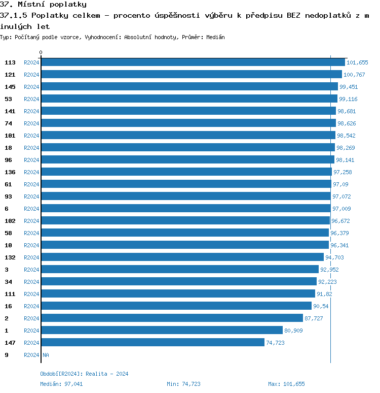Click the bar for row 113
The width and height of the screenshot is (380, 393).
[193, 62]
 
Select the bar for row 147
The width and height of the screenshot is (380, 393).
[153, 342]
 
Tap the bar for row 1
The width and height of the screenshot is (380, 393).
[162, 330]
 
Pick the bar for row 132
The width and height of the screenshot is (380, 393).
[182, 257]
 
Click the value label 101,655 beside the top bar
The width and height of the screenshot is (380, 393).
[357, 62]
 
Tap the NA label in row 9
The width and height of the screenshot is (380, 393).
[46, 355]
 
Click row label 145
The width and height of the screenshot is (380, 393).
[10, 87]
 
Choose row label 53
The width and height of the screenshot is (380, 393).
[8, 99]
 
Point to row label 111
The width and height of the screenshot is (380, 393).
[10, 294]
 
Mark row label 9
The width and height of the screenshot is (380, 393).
[7, 355]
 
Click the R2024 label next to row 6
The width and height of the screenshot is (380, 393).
[31, 209]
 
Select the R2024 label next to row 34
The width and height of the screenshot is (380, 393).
[31, 282]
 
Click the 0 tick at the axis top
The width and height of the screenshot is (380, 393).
[41, 53]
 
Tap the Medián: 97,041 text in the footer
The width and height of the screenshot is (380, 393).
[61, 384]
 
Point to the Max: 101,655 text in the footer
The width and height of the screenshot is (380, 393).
[286, 384]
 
